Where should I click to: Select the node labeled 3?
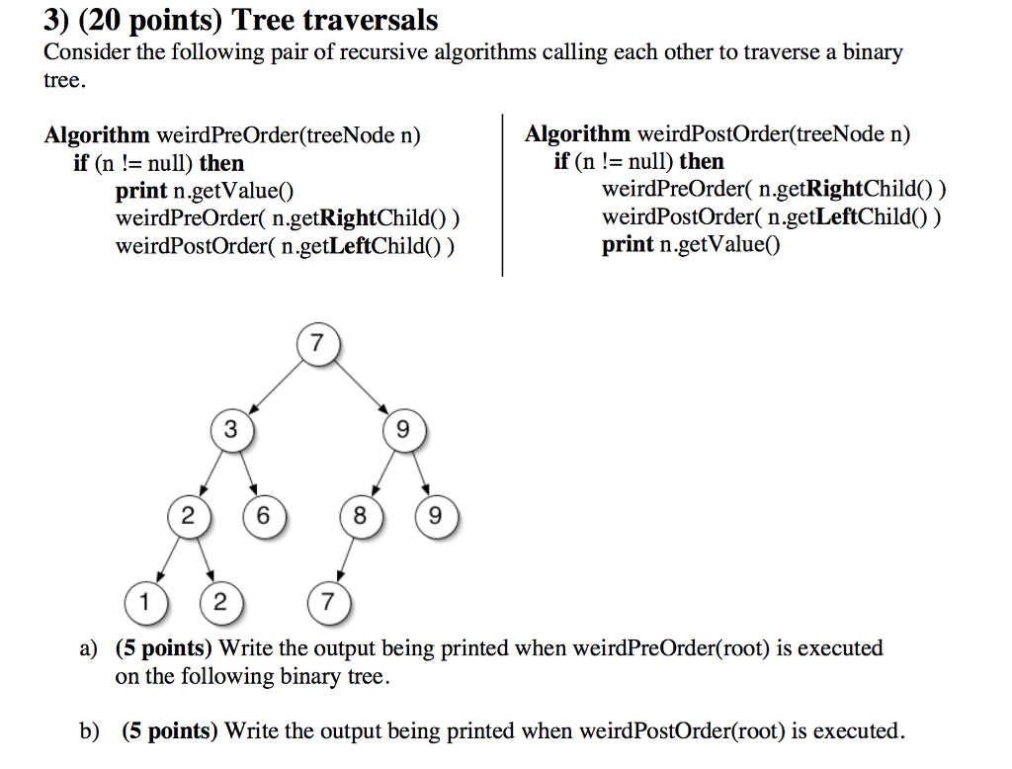pyautogui.click(x=230, y=430)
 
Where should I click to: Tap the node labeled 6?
pyautogui.click(x=262, y=516)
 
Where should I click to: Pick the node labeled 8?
pyautogui.click(x=360, y=516)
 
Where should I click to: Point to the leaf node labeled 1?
pyautogui.click(x=144, y=601)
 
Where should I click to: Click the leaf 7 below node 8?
pyautogui.click(x=328, y=601)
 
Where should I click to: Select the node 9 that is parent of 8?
pyautogui.click(x=401, y=430)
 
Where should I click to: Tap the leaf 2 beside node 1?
pyautogui.click(x=218, y=601)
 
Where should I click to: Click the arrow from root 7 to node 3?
pyautogui.click(x=275, y=385)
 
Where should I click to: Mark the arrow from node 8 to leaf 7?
pyautogui.click(x=345, y=557)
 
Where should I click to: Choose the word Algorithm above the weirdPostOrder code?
pyautogui.click(x=577, y=134)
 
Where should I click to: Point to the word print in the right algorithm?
pyautogui.click(x=628, y=244)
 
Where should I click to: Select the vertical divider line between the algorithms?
pyautogui.click(x=502, y=198)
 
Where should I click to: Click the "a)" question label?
pyautogui.click(x=89, y=649)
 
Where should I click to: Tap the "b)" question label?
pyautogui.click(x=90, y=731)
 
